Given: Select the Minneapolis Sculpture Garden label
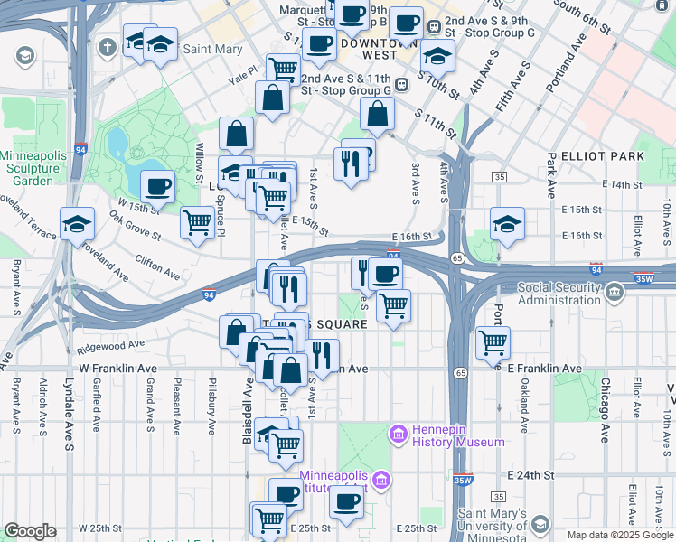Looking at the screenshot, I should [33, 168].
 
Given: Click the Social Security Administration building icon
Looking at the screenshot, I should [615, 293].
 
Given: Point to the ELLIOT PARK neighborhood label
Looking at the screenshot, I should [603, 156].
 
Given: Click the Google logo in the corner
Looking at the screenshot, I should [30, 531].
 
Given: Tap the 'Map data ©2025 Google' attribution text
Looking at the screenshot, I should [620, 535].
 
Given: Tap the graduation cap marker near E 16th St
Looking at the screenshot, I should [508, 224].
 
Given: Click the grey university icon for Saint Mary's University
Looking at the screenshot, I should [540, 525].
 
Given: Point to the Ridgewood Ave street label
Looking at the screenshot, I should [111, 344].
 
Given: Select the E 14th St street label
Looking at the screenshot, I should [631, 184].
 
